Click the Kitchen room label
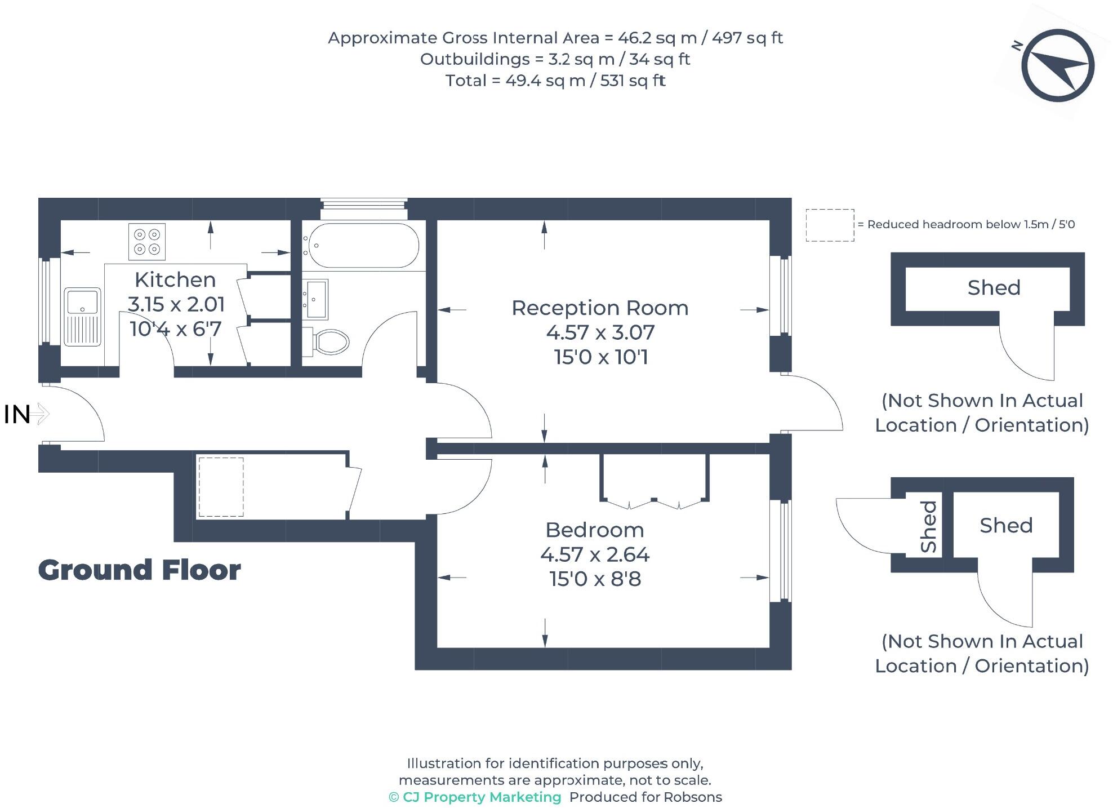175,280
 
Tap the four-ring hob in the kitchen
147,242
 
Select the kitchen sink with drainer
82,317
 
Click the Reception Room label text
600,308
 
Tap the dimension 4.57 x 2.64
595,555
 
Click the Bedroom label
595,530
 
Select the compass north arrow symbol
1057,65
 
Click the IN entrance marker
17,415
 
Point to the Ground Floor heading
139,570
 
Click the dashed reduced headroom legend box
830,225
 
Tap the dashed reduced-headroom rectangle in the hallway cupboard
221,487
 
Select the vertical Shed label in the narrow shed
928,527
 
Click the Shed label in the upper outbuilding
994,288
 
